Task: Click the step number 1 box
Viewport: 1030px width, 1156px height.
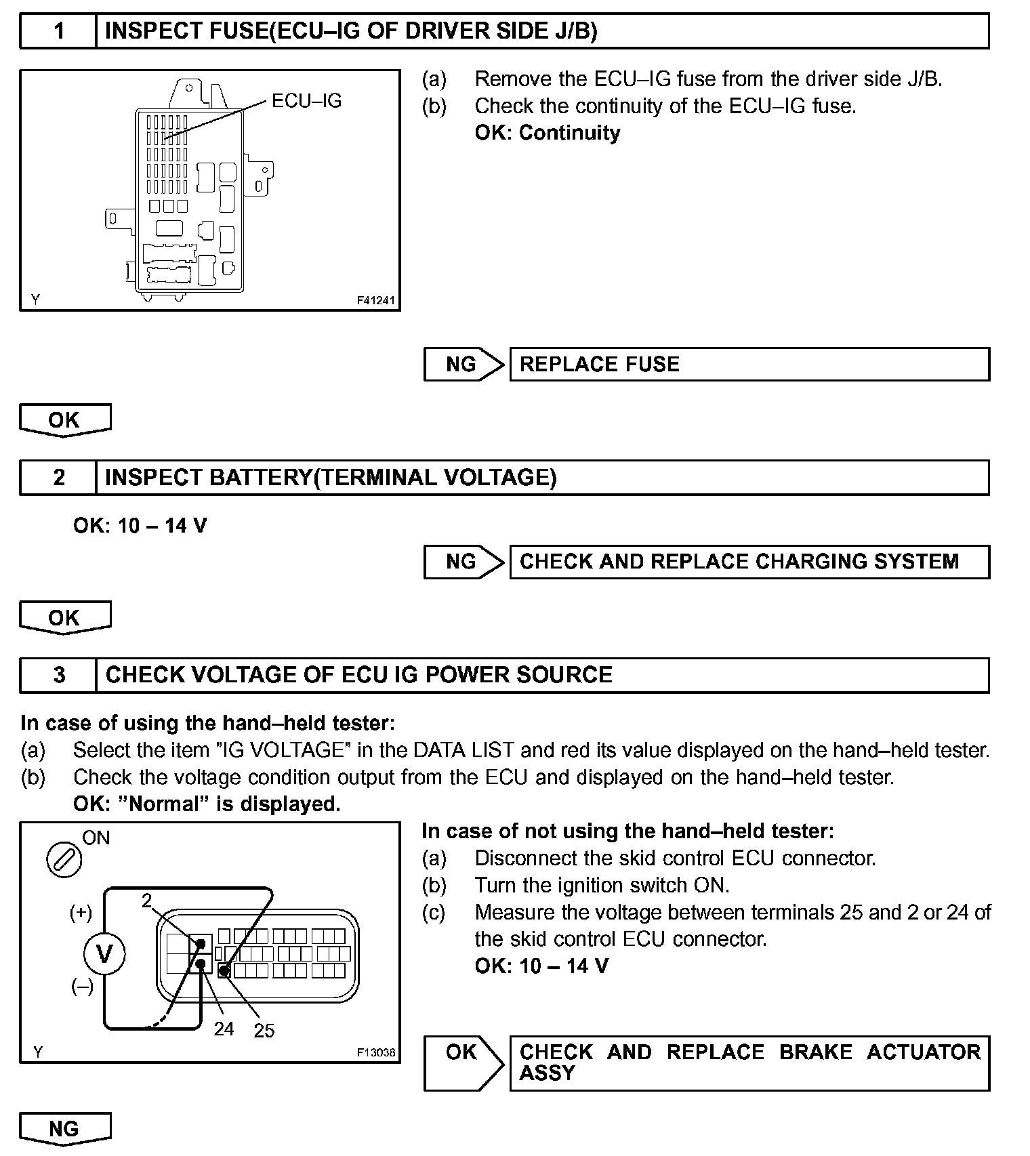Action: (59, 31)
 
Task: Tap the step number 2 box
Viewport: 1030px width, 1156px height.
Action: (59, 478)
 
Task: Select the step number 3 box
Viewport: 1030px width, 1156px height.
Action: (59, 675)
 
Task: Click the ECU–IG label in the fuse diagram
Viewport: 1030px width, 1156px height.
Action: (306, 101)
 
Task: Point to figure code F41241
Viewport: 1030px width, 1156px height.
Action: (375, 300)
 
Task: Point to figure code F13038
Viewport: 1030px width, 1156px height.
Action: (375, 1052)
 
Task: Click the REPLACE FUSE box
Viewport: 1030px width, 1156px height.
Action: (749, 365)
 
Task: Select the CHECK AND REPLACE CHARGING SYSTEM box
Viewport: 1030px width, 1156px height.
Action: (749, 562)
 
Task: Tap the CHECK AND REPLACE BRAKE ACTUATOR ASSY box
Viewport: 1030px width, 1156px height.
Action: (749, 1062)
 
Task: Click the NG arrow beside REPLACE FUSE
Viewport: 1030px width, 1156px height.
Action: (464, 365)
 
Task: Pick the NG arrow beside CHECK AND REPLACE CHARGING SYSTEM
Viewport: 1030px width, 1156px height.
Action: (464, 562)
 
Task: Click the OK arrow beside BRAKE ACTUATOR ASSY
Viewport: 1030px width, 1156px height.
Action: (464, 1062)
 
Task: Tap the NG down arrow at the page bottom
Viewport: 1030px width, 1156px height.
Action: (64, 1129)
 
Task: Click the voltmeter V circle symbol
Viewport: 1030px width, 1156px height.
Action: (104, 954)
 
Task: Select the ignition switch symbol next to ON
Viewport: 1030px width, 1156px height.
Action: (64, 861)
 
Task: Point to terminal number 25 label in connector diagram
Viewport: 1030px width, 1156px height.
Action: (264, 1031)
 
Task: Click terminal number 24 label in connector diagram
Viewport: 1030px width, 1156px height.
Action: (224, 1029)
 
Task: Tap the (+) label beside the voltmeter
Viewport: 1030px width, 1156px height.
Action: (81, 913)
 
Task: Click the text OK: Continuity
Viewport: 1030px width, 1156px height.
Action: (548, 133)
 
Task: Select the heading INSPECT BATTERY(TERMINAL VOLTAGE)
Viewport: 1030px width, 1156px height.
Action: (331, 478)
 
